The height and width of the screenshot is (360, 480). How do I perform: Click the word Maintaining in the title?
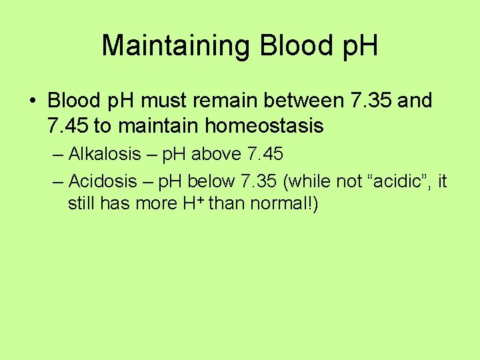[177, 45]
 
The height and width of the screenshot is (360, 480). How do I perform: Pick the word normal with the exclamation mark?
[283, 203]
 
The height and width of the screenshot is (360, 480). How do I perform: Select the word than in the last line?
[227, 203]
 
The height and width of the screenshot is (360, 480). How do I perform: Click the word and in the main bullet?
[418, 101]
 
